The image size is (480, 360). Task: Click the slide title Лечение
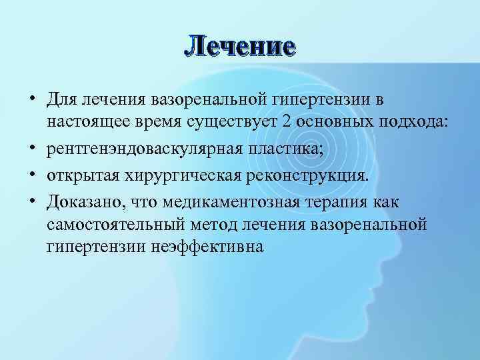[x=239, y=46]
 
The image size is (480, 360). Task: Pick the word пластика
[x=289, y=148]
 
